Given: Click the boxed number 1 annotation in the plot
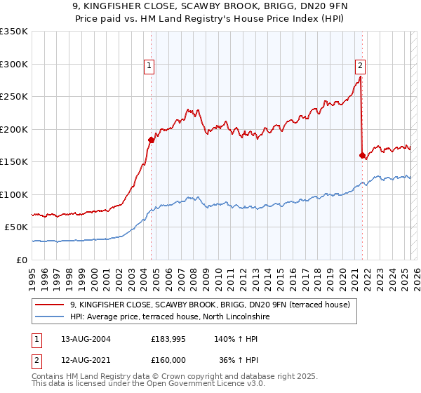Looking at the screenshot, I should tap(150, 67).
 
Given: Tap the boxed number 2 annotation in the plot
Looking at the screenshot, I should tap(360, 67).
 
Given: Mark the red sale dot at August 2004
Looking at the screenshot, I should tap(151, 140).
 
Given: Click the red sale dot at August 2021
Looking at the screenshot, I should tap(362, 155).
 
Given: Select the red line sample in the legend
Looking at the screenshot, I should tap(51, 305).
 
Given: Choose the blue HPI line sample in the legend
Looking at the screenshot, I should tap(51, 317).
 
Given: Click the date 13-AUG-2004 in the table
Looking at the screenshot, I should tap(86, 339).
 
